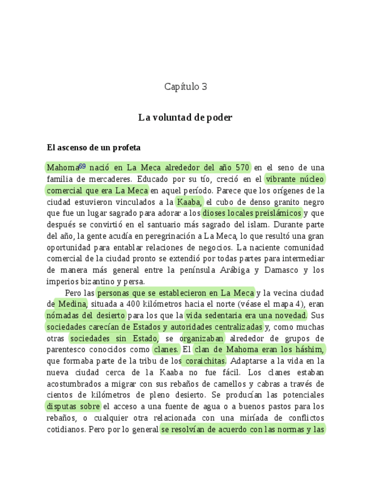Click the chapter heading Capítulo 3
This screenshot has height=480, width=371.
click(x=185, y=87)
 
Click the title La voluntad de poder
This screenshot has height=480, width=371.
click(x=185, y=118)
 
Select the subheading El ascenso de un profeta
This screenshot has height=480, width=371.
click(x=93, y=148)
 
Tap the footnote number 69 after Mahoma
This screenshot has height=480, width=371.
click(x=82, y=166)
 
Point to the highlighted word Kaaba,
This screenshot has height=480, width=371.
click(x=189, y=202)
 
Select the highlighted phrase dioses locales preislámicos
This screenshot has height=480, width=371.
click(x=252, y=213)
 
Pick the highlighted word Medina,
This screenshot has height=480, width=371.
click(x=70, y=304)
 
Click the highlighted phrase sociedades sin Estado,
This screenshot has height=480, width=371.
click(x=115, y=338)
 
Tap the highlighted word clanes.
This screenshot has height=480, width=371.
click(x=166, y=349)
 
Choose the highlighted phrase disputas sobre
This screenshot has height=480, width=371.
click(x=73, y=406)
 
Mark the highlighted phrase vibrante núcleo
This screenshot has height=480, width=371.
click(x=295, y=179)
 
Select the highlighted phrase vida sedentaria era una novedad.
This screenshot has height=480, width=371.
click(x=246, y=315)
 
